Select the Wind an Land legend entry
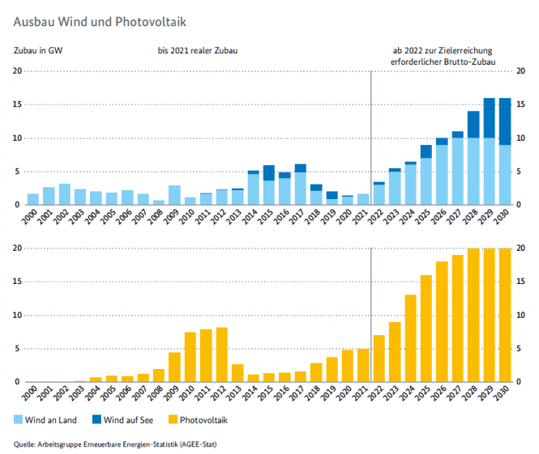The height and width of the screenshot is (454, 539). coord(47,419)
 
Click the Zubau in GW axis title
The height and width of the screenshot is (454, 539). coord(38,51)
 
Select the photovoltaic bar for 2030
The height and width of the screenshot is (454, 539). coord(505,316)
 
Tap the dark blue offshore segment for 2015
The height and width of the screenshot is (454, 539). coord(269,172)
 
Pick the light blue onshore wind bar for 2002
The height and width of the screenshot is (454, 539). coord(65,194)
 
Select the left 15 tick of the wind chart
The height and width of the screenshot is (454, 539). coord(17,104)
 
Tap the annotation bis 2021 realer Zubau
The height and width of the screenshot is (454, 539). coord(203,51)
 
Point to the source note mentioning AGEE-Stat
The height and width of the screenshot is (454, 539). coord(116,443)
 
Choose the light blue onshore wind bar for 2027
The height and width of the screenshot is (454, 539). coord(458,171)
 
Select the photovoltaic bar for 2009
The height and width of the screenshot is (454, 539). coord(174,367)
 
